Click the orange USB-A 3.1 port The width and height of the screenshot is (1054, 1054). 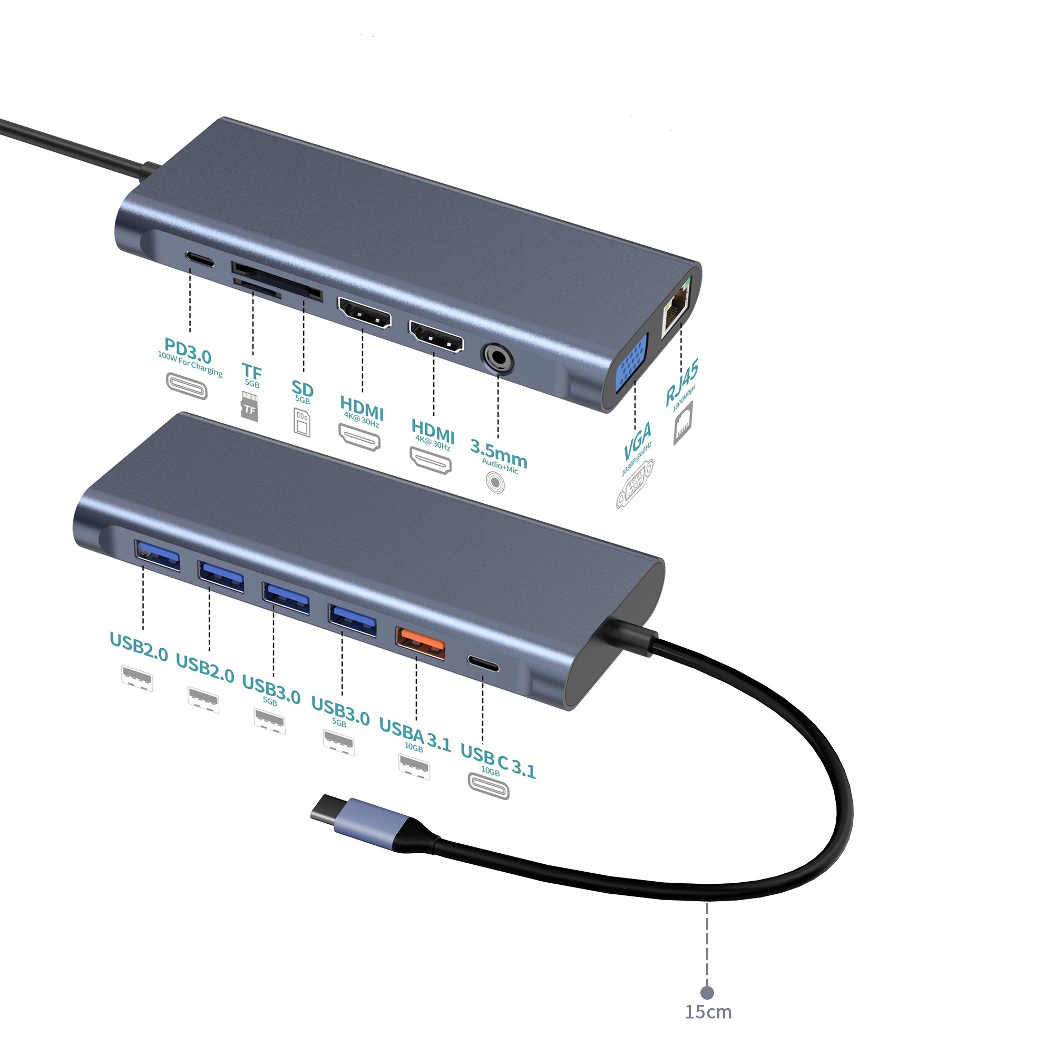pyautogui.click(x=420, y=644)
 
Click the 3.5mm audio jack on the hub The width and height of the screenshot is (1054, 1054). pyautogui.click(x=497, y=358)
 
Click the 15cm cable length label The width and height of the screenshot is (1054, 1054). pyautogui.click(x=708, y=1012)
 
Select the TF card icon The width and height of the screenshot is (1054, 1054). pyautogui.click(x=249, y=405)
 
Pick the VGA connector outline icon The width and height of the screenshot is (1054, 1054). pyautogui.click(x=635, y=484)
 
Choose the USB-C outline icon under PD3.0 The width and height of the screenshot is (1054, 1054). pyautogui.click(x=187, y=386)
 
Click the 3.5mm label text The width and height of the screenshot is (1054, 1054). pyautogui.click(x=499, y=454)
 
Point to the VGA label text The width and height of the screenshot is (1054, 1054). pyautogui.click(x=638, y=441)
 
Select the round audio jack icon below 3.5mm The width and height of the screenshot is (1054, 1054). pyautogui.click(x=495, y=483)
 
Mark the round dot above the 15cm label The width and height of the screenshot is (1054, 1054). pyautogui.click(x=708, y=992)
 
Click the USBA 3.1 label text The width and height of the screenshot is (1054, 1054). pyautogui.click(x=415, y=734)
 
